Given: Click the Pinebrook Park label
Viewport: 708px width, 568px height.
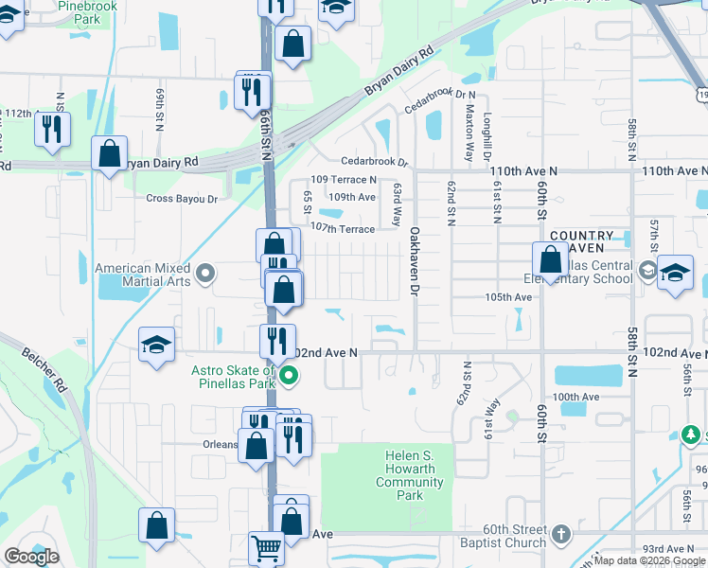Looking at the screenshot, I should (86, 12).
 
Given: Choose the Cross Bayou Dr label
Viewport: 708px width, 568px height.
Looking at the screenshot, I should (182, 199).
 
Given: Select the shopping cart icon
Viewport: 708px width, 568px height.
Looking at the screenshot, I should (266, 547).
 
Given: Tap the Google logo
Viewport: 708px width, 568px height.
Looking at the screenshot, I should (31, 557).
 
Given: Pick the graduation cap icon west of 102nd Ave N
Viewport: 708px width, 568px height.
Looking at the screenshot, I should (156, 345).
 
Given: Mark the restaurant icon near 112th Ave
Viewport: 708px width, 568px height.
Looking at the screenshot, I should (52, 129).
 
